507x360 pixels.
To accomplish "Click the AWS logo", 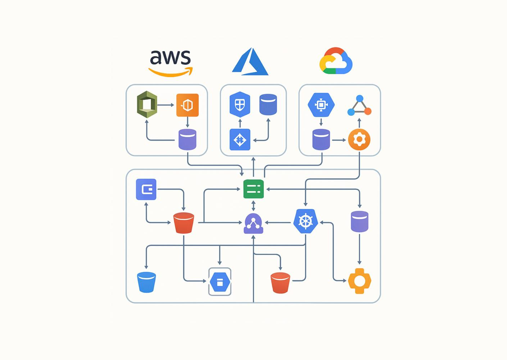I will [170, 63].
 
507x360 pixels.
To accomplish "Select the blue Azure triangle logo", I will [250, 62].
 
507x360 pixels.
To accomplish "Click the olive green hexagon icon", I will [147, 105].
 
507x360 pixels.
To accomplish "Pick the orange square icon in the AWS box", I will [187, 105].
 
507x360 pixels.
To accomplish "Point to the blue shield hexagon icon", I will [240, 105].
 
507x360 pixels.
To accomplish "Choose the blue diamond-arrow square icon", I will [240, 140].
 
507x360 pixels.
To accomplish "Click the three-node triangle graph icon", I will [359, 106].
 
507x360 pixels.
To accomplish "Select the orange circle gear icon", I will [359, 140].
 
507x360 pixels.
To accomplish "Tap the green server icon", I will [253, 189].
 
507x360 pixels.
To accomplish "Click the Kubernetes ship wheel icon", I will [305, 221].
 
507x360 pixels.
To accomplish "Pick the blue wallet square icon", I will [146, 189].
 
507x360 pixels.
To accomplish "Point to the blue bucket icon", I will [146, 282].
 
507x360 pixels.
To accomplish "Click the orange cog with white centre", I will [359, 281].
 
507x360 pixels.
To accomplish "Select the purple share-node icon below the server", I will [253, 224].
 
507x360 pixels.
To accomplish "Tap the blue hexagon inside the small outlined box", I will [220, 282].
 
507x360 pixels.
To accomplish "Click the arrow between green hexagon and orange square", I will [166, 105].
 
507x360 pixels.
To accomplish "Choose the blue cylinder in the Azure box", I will [268, 105].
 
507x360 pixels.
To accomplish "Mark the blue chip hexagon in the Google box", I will [321, 105].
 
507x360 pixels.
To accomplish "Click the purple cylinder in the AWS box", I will [187, 140].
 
